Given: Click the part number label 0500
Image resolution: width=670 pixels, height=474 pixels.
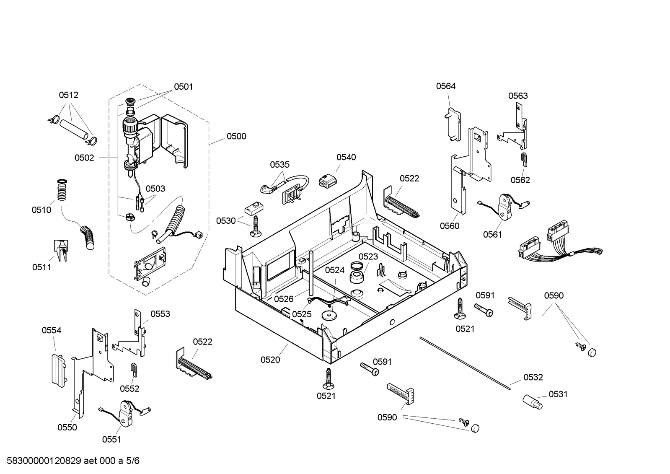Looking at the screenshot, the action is (x=236, y=137).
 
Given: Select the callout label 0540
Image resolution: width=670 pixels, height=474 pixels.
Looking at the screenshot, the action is (x=346, y=158).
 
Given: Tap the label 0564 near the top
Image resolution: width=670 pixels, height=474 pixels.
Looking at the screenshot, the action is (x=446, y=86).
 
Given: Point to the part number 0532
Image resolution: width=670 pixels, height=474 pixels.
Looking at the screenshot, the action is (x=533, y=377).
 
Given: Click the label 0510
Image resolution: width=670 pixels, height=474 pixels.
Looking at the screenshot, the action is (x=41, y=210).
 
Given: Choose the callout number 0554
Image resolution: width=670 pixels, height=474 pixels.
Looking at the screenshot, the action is (x=52, y=330).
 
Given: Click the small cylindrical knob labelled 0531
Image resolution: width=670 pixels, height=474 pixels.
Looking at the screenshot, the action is (x=532, y=402).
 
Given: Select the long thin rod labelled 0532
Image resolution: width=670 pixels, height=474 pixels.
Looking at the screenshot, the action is (x=465, y=363).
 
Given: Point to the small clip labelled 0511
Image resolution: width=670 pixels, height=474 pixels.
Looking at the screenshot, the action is (x=61, y=250).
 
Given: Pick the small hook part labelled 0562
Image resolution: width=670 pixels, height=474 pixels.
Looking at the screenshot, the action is (x=524, y=160).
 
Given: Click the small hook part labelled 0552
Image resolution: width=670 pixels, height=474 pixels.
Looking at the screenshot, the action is (x=134, y=370).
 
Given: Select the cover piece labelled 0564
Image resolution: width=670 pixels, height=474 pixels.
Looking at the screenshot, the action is (x=453, y=124).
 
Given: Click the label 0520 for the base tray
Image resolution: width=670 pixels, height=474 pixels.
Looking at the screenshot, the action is (x=270, y=360).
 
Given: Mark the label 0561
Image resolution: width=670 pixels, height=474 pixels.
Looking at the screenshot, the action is (x=492, y=235).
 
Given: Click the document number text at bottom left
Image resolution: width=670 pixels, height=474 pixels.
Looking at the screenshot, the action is (x=73, y=461).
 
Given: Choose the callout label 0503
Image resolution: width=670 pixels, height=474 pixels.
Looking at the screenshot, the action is (x=155, y=189).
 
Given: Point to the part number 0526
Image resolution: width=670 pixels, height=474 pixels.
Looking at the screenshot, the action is (x=284, y=299).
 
